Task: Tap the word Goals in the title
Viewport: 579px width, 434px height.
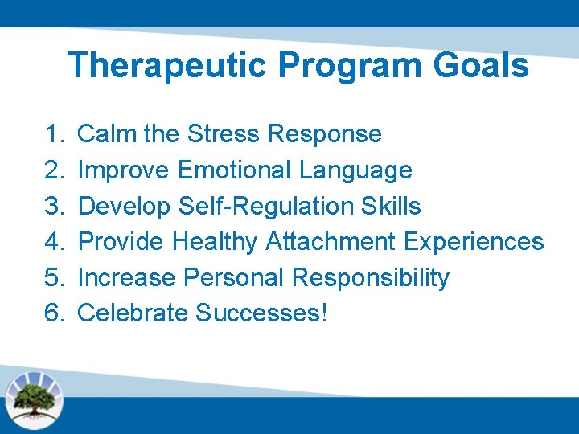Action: tap(482, 66)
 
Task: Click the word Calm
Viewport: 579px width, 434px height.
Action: tap(107, 133)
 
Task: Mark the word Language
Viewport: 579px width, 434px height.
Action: tap(355, 170)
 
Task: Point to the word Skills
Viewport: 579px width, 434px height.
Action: tap(391, 206)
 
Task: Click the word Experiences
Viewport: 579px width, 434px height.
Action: tap(474, 241)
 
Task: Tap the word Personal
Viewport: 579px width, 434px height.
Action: tap(234, 277)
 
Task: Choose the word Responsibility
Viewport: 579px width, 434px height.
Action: tap(371, 277)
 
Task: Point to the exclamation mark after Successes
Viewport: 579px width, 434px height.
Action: tap(324, 313)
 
